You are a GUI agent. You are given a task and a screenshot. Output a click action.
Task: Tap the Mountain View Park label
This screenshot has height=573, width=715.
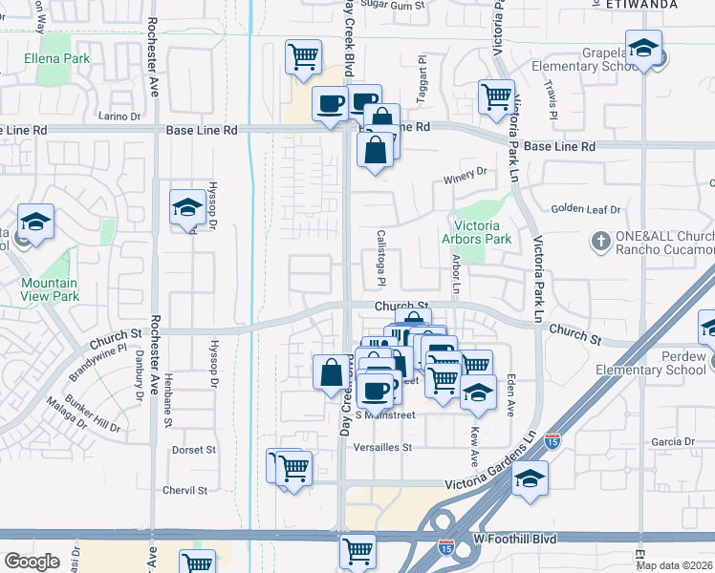(x=50, y=289)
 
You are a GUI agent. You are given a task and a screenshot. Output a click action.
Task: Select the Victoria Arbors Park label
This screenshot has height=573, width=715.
(x=477, y=233)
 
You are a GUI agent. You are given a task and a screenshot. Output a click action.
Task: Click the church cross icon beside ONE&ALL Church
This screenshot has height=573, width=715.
(x=601, y=239)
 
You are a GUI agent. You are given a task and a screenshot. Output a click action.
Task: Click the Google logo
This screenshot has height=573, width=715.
(x=32, y=562)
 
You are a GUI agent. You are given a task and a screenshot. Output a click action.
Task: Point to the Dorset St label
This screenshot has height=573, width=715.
(x=193, y=449)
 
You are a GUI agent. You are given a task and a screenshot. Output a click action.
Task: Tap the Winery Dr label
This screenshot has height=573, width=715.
(x=465, y=172)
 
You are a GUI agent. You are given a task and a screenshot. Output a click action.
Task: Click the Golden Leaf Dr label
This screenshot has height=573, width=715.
(x=585, y=209)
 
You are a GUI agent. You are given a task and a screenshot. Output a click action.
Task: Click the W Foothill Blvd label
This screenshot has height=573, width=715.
(x=515, y=539)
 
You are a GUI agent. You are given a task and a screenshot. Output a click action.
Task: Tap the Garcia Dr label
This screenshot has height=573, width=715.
(x=673, y=441)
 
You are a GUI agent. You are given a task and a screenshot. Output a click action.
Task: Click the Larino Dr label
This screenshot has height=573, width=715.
(x=119, y=117)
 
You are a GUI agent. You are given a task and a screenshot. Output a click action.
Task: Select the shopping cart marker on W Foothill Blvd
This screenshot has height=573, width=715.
(x=357, y=550)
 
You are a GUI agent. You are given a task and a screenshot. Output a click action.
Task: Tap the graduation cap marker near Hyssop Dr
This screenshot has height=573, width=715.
(x=187, y=207)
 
